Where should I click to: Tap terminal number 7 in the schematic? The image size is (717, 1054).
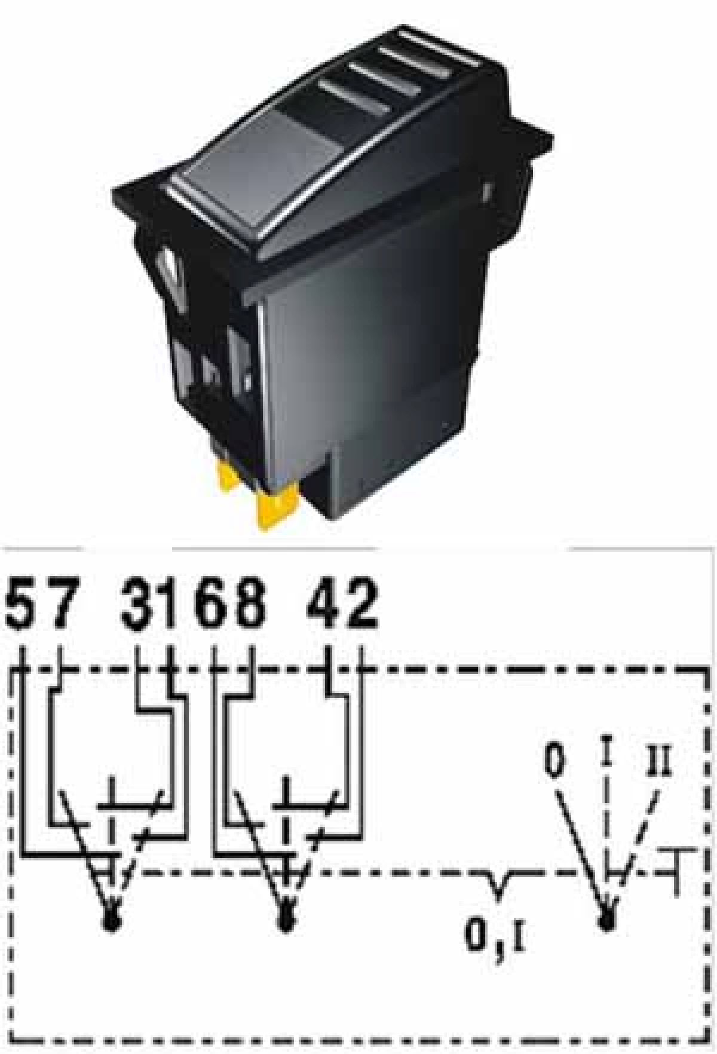coord(61,604)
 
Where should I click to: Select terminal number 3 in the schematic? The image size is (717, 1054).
coord(138,604)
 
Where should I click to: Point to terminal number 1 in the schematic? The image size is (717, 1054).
coord(173,604)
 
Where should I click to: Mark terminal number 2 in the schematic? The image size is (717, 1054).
coord(360,604)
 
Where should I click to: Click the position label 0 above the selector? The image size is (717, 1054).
coord(556,762)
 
